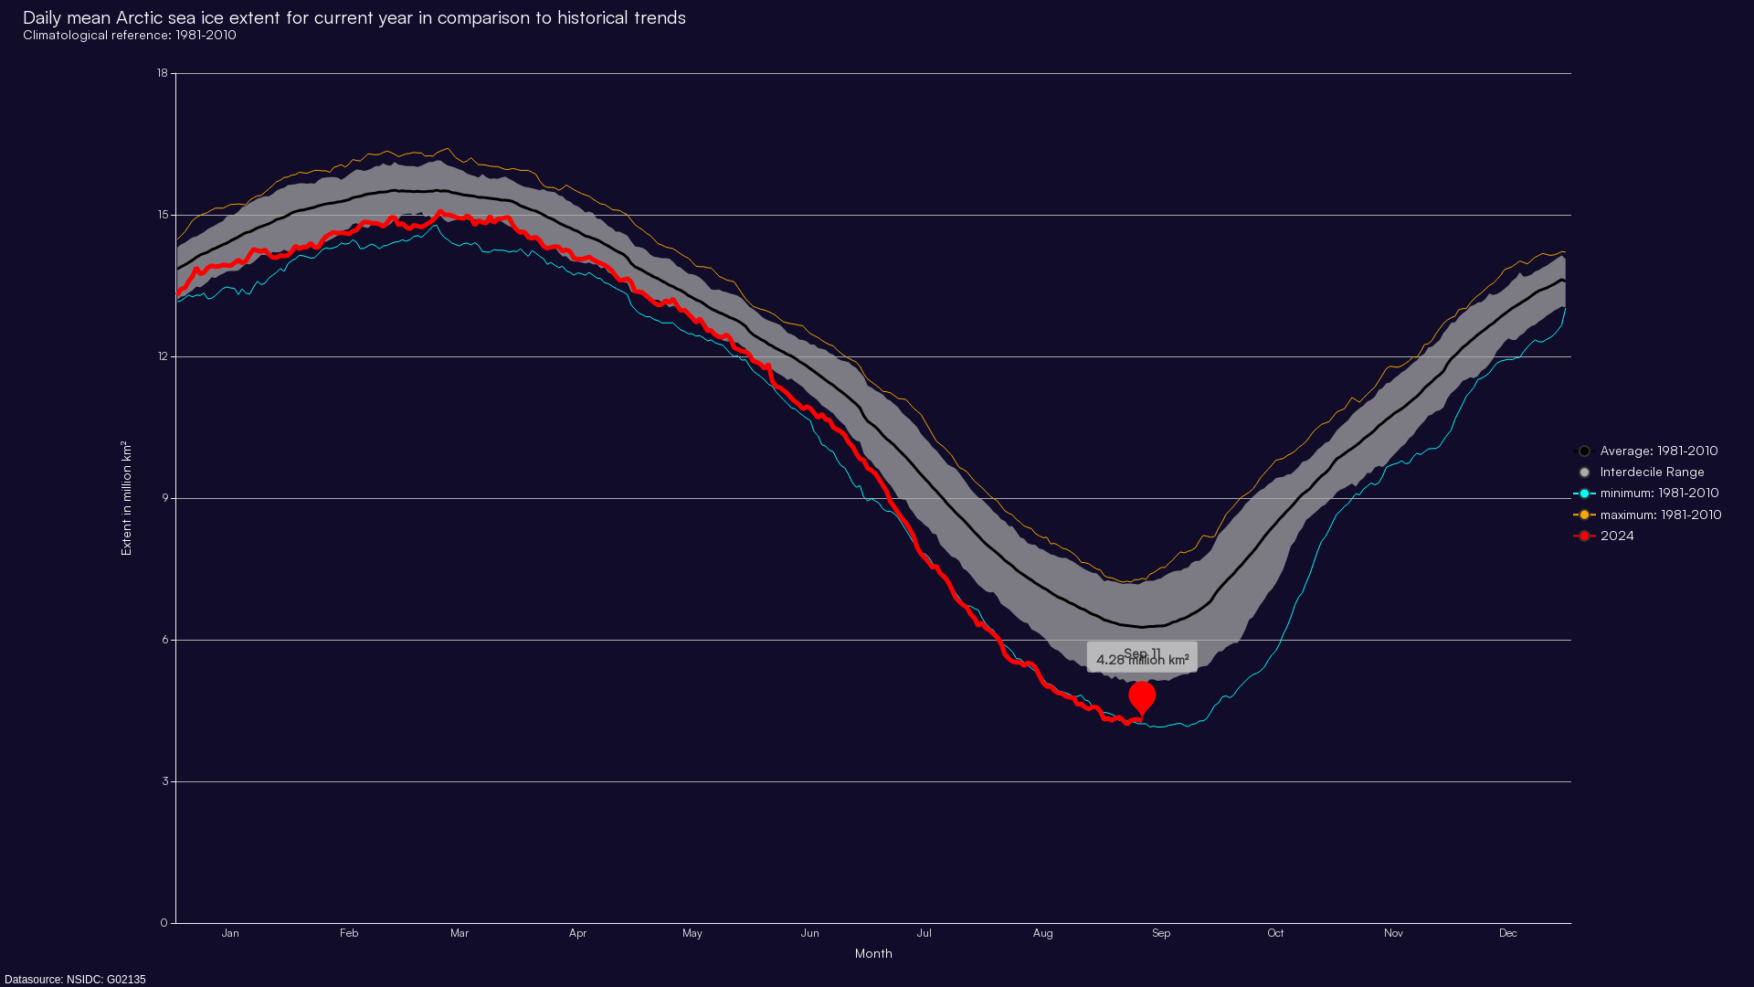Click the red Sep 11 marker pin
click(1142, 698)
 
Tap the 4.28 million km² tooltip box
click(1142, 657)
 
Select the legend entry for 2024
click(1616, 536)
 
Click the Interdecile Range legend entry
click(1651, 472)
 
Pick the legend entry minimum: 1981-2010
click(1658, 493)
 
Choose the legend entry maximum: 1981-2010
click(1660, 515)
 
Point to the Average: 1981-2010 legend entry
click(1658, 451)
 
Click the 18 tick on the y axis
click(163, 74)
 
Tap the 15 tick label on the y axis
click(163, 216)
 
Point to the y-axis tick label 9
click(165, 499)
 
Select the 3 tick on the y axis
click(165, 782)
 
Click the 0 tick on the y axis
click(164, 923)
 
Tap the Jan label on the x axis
click(230, 933)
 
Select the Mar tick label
click(460, 933)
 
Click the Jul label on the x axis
click(925, 933)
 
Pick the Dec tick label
click(1507, 933)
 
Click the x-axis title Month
click(873, 954)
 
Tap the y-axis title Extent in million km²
click(127, 498)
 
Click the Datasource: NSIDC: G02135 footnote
click(75, 980)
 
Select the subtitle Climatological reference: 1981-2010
click(130, 36)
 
